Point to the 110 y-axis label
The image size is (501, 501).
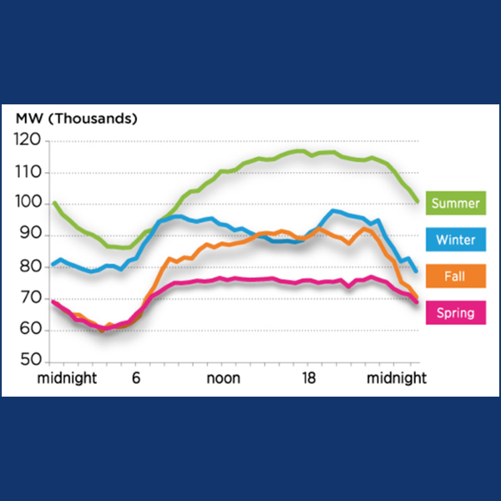click(28, 173)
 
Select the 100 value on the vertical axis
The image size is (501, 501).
click(28, 204)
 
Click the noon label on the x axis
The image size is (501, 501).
click(223, 378)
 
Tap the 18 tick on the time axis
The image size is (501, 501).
click(309, 378)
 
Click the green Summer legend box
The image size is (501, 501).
click(456, 203)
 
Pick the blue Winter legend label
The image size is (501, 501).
click(456, 240)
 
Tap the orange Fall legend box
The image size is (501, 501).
click(456, 276)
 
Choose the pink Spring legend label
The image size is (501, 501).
click(456, 313)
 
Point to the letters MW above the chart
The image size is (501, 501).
click(28, 119)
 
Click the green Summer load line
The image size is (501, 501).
click(250, 164)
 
